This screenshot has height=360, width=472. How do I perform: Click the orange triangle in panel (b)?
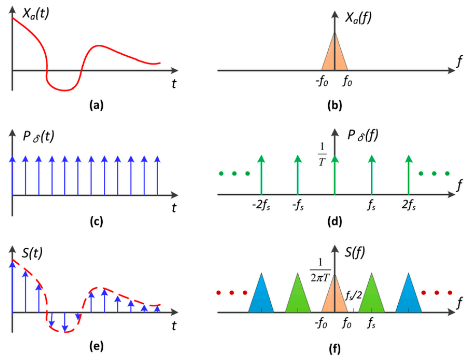pos(335,55)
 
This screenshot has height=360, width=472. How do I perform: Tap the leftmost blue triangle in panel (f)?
pos(261,295)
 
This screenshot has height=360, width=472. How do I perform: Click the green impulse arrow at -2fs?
pos(261,174)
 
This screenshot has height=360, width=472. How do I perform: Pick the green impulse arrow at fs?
pos(372,174)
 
